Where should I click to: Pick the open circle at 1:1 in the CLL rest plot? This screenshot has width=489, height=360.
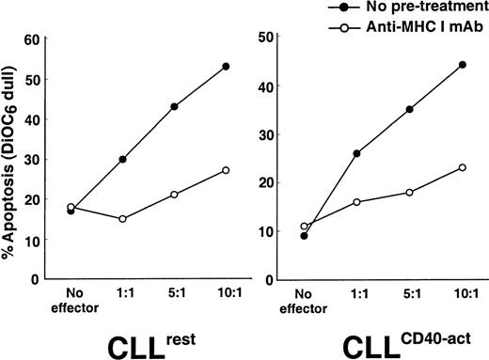click(x=122, y=219)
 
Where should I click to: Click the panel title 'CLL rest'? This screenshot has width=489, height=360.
click(x=132, y=338)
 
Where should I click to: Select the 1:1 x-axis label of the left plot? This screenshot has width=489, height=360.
click(x=122, y=293)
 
